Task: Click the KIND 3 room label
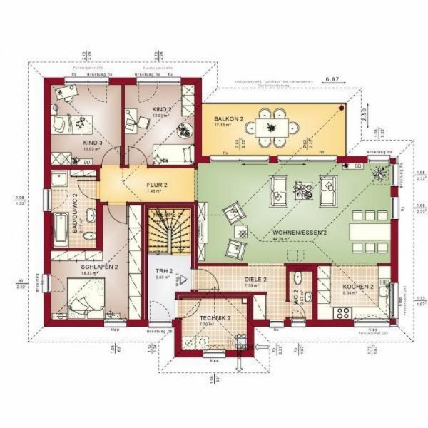coord(93,142)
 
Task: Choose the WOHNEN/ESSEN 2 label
coord(299,233)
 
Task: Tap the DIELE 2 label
coord(255,280)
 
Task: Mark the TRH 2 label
coord(165,272)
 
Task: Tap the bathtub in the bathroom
coord(63,231)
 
